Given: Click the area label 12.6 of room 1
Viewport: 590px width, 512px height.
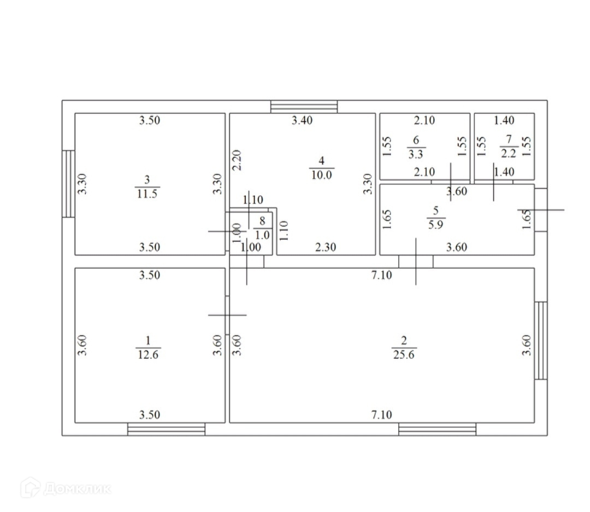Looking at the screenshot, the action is pos(147,354).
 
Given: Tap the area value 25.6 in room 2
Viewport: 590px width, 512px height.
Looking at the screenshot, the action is pos(404,354).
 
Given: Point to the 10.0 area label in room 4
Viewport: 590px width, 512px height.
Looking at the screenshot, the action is pos(321,174).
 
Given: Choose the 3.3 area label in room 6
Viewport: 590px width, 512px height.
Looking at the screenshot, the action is pos(416,155).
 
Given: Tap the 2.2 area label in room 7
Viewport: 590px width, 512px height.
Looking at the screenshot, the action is pos(509,155).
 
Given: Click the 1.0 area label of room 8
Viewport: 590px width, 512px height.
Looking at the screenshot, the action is pos(263,235).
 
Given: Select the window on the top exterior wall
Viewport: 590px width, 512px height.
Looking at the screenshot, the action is pos(304,107).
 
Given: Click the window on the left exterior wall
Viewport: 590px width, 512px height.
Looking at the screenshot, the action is pos(68,183).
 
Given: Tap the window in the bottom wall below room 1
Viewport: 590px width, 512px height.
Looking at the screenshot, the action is pos(166,429).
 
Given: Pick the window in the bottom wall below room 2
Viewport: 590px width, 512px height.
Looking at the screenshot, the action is pos(437,429).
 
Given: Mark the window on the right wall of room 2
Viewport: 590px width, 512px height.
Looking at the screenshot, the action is pos(541,340).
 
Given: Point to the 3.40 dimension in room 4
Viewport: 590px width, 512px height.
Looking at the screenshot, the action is pos(302,121).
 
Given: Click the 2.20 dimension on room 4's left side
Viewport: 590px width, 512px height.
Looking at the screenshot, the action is pos(236,160).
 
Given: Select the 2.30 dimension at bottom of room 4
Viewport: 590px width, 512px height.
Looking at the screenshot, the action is pos(326,247).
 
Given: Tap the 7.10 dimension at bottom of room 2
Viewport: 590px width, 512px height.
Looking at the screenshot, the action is pos(381,415).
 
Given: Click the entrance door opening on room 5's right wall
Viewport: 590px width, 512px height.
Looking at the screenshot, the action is pos(541,210).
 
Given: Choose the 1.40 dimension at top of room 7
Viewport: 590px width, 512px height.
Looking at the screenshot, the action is pos(504,121).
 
